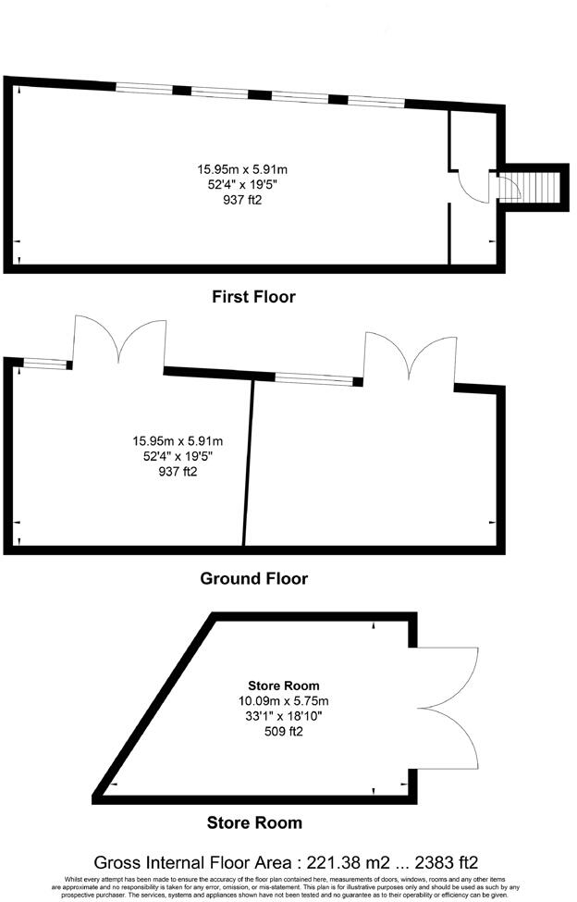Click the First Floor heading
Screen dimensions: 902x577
pos(253,297)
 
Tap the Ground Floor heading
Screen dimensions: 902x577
pos(253,579)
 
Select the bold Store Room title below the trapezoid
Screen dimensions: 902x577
pos(253,822)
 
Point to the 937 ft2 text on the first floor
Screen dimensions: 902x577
pos(242,199)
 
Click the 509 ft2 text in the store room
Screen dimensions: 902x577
pos(284,731)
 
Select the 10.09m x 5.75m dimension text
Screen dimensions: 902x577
pos(284,700)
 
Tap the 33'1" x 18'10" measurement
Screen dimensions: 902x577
pos(284,716)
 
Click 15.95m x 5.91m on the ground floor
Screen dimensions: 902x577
pos(178,440)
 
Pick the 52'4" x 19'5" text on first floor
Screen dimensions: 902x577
pos(242,184)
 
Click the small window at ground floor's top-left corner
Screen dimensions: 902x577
pos(43,364)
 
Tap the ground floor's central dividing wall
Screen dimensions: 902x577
pos(248,463)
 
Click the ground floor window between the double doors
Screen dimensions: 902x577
pos(313,377)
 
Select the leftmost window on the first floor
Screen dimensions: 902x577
pos(143,89)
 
